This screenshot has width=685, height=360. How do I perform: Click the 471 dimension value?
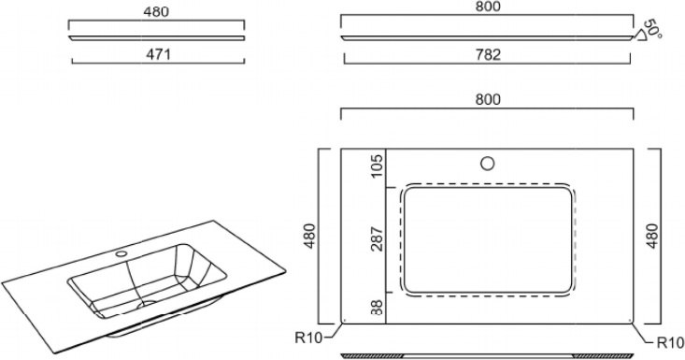[158, 54]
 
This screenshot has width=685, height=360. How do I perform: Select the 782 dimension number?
[488, 54]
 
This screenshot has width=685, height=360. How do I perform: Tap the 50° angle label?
[652, 29]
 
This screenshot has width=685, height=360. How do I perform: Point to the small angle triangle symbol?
[641, 35]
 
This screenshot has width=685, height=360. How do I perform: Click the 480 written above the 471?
[156, 12]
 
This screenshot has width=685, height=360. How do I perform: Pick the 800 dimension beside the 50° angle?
[488, 7]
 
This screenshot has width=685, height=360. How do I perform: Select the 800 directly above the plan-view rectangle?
[488, 100]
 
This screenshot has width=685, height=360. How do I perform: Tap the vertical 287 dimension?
[378, 238]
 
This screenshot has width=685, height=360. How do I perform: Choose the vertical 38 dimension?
[378, 307]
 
